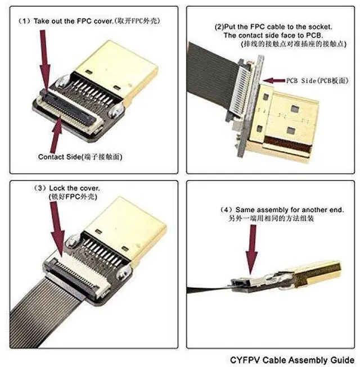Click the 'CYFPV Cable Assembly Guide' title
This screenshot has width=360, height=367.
coord(292,359)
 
